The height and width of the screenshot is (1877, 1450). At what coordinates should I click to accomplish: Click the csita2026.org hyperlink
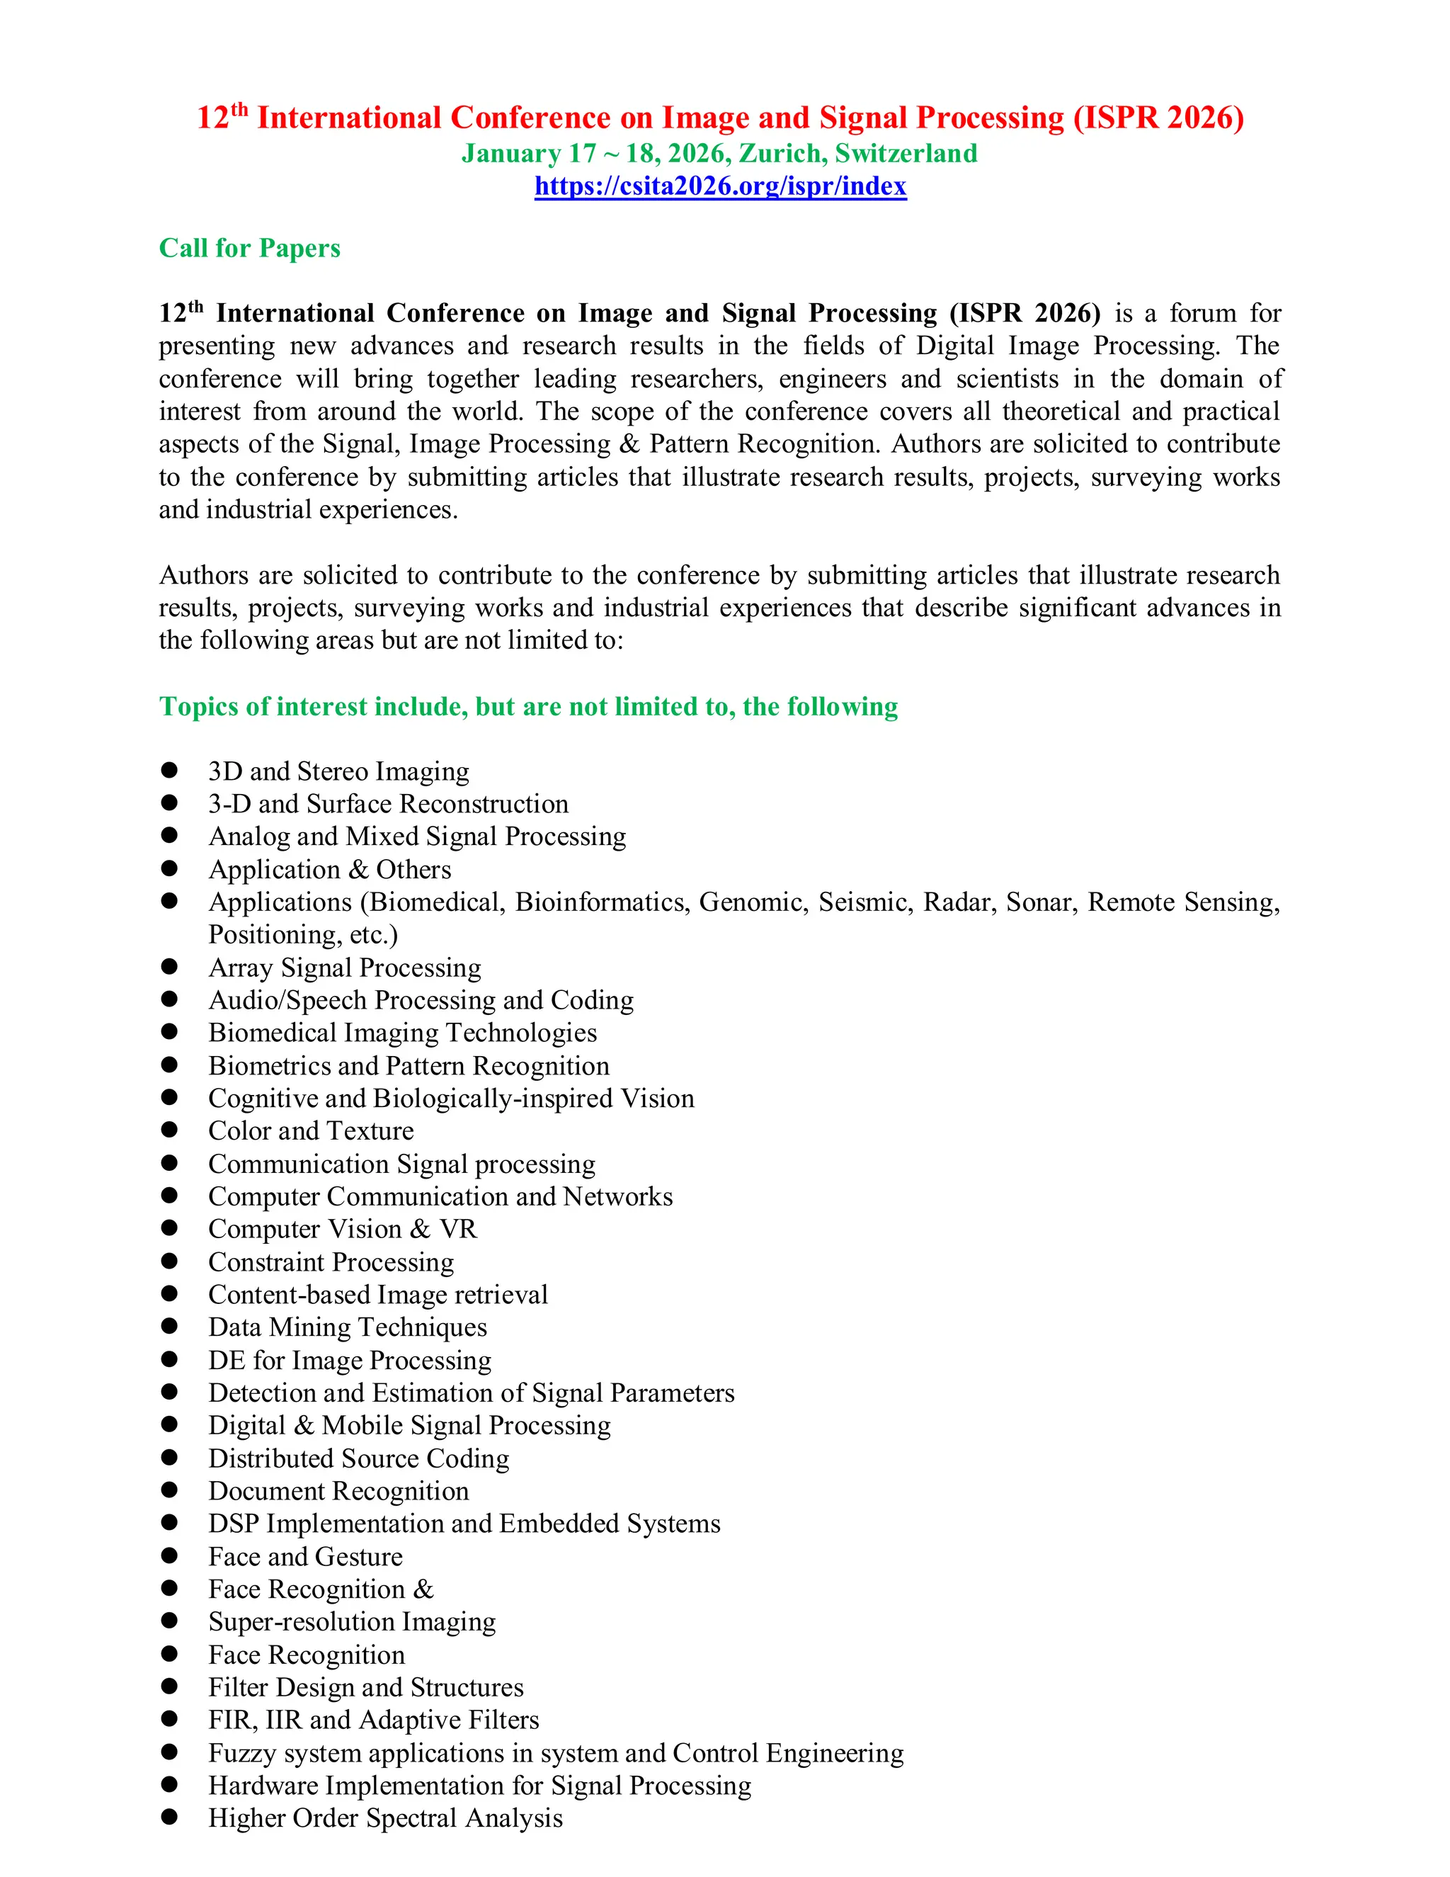pyautogui.click(x=720, y=186)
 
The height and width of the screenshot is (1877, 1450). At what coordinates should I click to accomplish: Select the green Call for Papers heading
pyautogui.click(x=249, y=249)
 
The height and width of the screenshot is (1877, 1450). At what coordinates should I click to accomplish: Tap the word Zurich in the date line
pyautogui.click(x=782, y=154)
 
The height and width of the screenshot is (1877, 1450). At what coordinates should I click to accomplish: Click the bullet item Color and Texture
pyautogui.click(x=310, y=1131)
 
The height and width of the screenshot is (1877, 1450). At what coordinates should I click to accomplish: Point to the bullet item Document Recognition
pyautogui.click(x=338, y=1491)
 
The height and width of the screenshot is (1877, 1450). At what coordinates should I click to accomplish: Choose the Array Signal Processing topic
pyautogui.click(x=345, y=968)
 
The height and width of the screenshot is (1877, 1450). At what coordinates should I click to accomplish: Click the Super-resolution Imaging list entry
pyautogui.click(x=352, y=1622)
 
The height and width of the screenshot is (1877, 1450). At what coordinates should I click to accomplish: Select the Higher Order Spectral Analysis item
pyautogui.click(x=386, y=1818)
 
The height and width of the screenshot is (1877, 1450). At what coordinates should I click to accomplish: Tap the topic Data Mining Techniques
pyautogui.click(x=347, y=1328)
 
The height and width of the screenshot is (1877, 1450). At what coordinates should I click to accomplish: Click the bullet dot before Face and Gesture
pyautogui.click(x=169, y=1555)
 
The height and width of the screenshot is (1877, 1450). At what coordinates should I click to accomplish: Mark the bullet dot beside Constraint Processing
pyautogui.click(x=169, y=1261)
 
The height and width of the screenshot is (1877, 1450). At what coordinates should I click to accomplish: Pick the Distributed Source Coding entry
pyautogui.click(x=358, y=1458)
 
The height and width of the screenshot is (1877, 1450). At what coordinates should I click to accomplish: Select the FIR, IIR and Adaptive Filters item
pyautogui.click(x=374, y=1720)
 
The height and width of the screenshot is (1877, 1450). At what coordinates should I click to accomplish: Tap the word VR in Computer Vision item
pyautogui.click(x=458, y=1229)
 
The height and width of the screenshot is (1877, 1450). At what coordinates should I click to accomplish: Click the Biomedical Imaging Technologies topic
pyautogui.click(x=402, y=1033)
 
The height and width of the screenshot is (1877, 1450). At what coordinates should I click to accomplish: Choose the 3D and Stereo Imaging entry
pyautogui.click(x=338, y=772)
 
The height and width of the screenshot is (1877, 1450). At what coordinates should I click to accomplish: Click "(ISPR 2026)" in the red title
pyautogui.click(x=1158, y=118)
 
